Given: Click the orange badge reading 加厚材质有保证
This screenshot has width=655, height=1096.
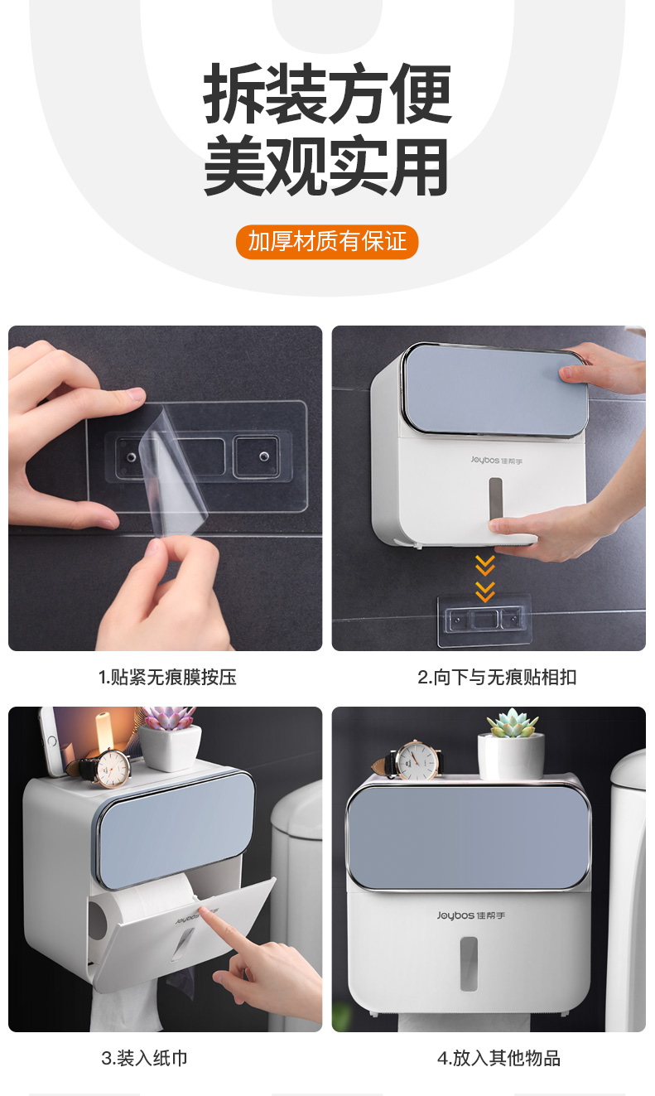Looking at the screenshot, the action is (327, 242).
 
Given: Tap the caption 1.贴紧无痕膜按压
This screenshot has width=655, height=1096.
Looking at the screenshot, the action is (167, 677).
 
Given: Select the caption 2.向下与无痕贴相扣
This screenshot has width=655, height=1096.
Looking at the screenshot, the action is (497, 677).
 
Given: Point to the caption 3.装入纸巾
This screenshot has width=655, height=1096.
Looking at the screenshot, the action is (144, 1058).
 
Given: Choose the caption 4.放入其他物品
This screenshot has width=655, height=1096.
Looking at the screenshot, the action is (498, 1058).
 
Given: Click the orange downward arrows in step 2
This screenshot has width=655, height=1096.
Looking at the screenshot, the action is (484, 578).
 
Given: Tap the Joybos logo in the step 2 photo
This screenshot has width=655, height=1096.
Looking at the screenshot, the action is (497, 461).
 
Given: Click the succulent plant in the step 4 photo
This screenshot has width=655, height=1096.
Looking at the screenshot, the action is (513, 722).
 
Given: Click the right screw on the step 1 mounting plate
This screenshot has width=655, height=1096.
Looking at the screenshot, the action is (263, 457).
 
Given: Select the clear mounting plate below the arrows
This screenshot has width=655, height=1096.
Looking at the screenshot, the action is (484, 620).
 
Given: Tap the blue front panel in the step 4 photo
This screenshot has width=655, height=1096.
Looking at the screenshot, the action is (468, 838).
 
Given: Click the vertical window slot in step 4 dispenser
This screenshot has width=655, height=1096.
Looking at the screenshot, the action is (469, 964).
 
